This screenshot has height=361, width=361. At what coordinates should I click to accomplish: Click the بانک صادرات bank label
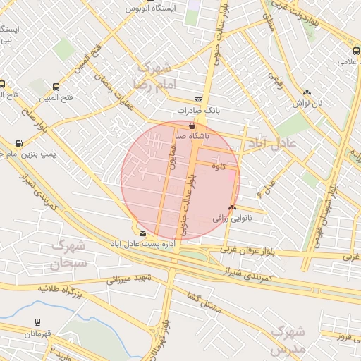point(198,111)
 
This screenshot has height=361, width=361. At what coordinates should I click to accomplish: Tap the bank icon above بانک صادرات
point(198,100)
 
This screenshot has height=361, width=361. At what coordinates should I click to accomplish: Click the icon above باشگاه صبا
point(192,125)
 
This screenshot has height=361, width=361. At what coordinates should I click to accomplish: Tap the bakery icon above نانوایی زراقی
point(232,208)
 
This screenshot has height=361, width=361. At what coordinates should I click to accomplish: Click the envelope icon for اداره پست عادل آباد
point(143,233)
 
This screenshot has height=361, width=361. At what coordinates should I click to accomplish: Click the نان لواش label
point(308,103)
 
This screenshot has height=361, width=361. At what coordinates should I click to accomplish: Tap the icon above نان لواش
point(307,92)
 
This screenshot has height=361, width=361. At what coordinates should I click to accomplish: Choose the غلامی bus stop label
point(348,61)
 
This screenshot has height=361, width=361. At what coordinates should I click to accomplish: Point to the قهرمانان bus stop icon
point(37,322)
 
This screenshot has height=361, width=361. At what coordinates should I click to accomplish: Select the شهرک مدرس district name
point(288,339)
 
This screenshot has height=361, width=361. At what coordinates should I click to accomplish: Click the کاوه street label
point(218,167)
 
